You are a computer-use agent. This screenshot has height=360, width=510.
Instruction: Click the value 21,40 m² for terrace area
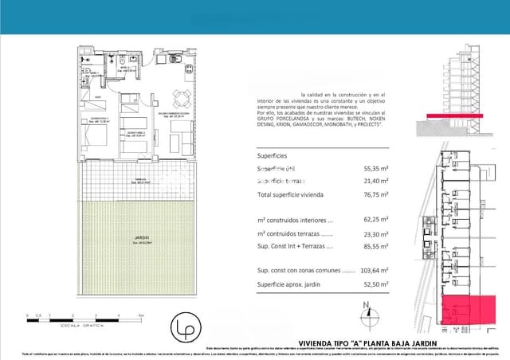click(375, 182)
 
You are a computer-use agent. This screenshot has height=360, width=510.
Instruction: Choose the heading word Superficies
click(273, 155)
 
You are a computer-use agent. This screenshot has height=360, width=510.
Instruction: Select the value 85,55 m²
click(375, 247)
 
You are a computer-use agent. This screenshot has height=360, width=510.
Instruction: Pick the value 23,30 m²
click(375, 235)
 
